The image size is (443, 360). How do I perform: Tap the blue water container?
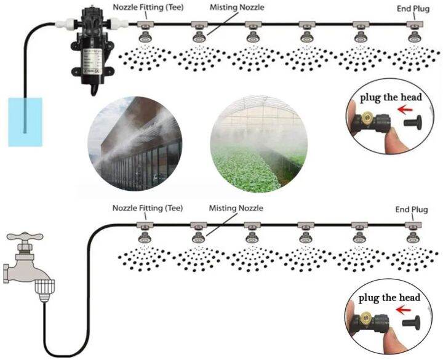pyautogui.click(x=25, y=122)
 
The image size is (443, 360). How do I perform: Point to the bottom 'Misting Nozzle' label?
pyautogui.click(x=236, y=208)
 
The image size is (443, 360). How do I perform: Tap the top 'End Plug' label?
pyautogui.click(x=412, y=8)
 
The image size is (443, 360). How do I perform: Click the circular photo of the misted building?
pyautogui.click(x=135, y=141)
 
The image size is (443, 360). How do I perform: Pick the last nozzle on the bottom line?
pyautogui.click(x=412, y=236)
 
